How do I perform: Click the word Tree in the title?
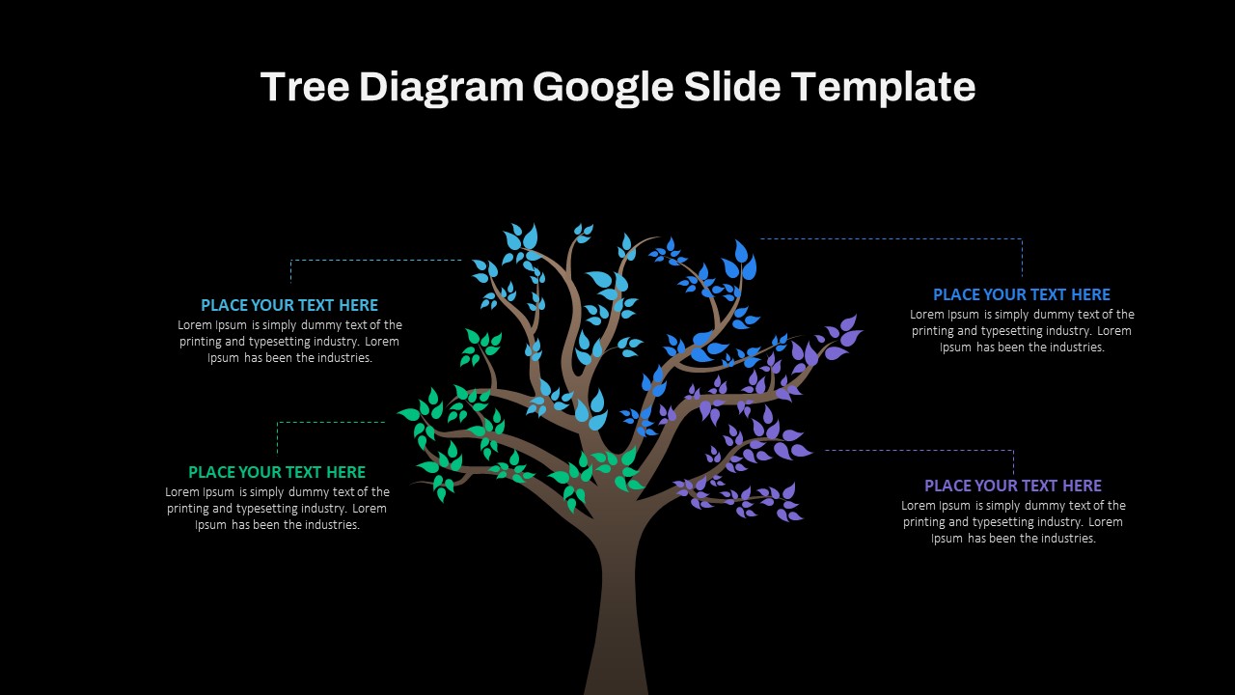(305, 87)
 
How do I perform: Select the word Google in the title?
(603, 88)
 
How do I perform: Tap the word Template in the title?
(883, 88)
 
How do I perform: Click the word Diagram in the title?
(441, 88)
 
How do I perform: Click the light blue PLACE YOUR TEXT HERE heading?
(289, 305)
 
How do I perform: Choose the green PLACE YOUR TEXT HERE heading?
(277, 472)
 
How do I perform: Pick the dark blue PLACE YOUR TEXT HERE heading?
(1022, 294)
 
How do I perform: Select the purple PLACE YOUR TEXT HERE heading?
(1013, 486)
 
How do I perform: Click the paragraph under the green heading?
(277, 508)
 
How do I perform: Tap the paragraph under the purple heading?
(1013, 521)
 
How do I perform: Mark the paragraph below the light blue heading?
(289, 341)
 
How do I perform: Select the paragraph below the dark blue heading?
(1022, 330)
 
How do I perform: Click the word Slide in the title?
(732, 87)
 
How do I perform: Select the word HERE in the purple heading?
(1082, 486)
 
